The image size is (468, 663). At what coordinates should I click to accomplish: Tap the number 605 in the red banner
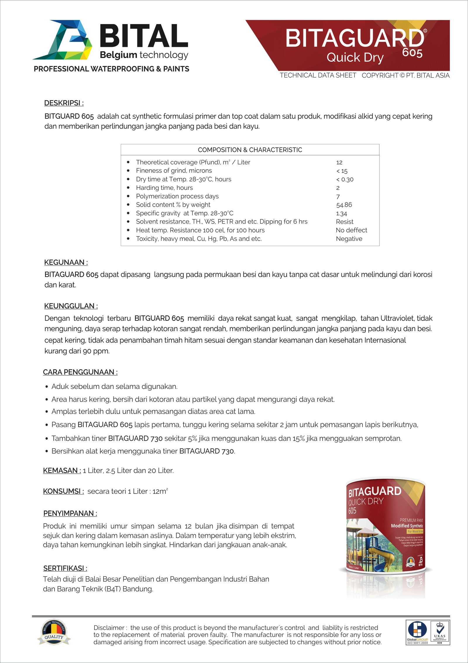412,53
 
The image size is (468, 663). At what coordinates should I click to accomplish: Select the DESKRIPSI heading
64,103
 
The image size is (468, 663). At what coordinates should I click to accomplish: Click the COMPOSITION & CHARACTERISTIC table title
250,150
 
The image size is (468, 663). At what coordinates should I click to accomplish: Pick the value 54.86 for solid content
344,205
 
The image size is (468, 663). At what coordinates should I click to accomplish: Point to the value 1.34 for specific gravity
341,214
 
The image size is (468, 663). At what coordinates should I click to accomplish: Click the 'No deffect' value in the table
351,230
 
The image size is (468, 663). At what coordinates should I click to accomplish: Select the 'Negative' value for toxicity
349,239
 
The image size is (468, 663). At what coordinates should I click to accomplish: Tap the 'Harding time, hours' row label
164,188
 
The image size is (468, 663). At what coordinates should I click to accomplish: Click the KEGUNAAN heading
66,263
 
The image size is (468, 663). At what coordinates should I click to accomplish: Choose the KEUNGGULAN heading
71,306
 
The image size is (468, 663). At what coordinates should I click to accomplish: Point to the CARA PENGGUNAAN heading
80,372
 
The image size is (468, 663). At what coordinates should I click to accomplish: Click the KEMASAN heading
62,471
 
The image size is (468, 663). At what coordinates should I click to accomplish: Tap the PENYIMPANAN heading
70,514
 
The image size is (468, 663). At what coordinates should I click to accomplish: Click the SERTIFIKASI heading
65,568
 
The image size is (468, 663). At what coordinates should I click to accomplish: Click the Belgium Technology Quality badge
54,633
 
